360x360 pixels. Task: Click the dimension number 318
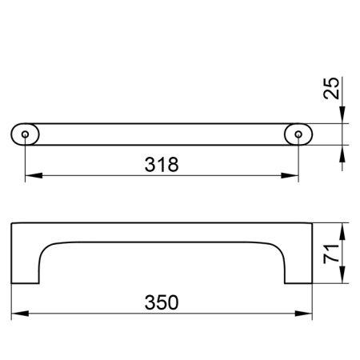coord(162,165)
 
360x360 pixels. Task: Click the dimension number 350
coord(162,302)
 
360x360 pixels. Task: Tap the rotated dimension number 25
coord(331,88)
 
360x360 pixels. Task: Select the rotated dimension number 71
coord(331,254)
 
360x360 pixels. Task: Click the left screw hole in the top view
coord(25,134)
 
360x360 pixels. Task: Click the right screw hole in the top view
coord(298,134)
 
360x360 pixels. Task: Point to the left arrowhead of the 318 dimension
coord(34,175)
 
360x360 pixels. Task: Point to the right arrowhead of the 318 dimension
coord(290,175)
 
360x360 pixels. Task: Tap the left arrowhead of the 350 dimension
coord(20,314)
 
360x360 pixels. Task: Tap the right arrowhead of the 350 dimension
coord(303,314)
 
